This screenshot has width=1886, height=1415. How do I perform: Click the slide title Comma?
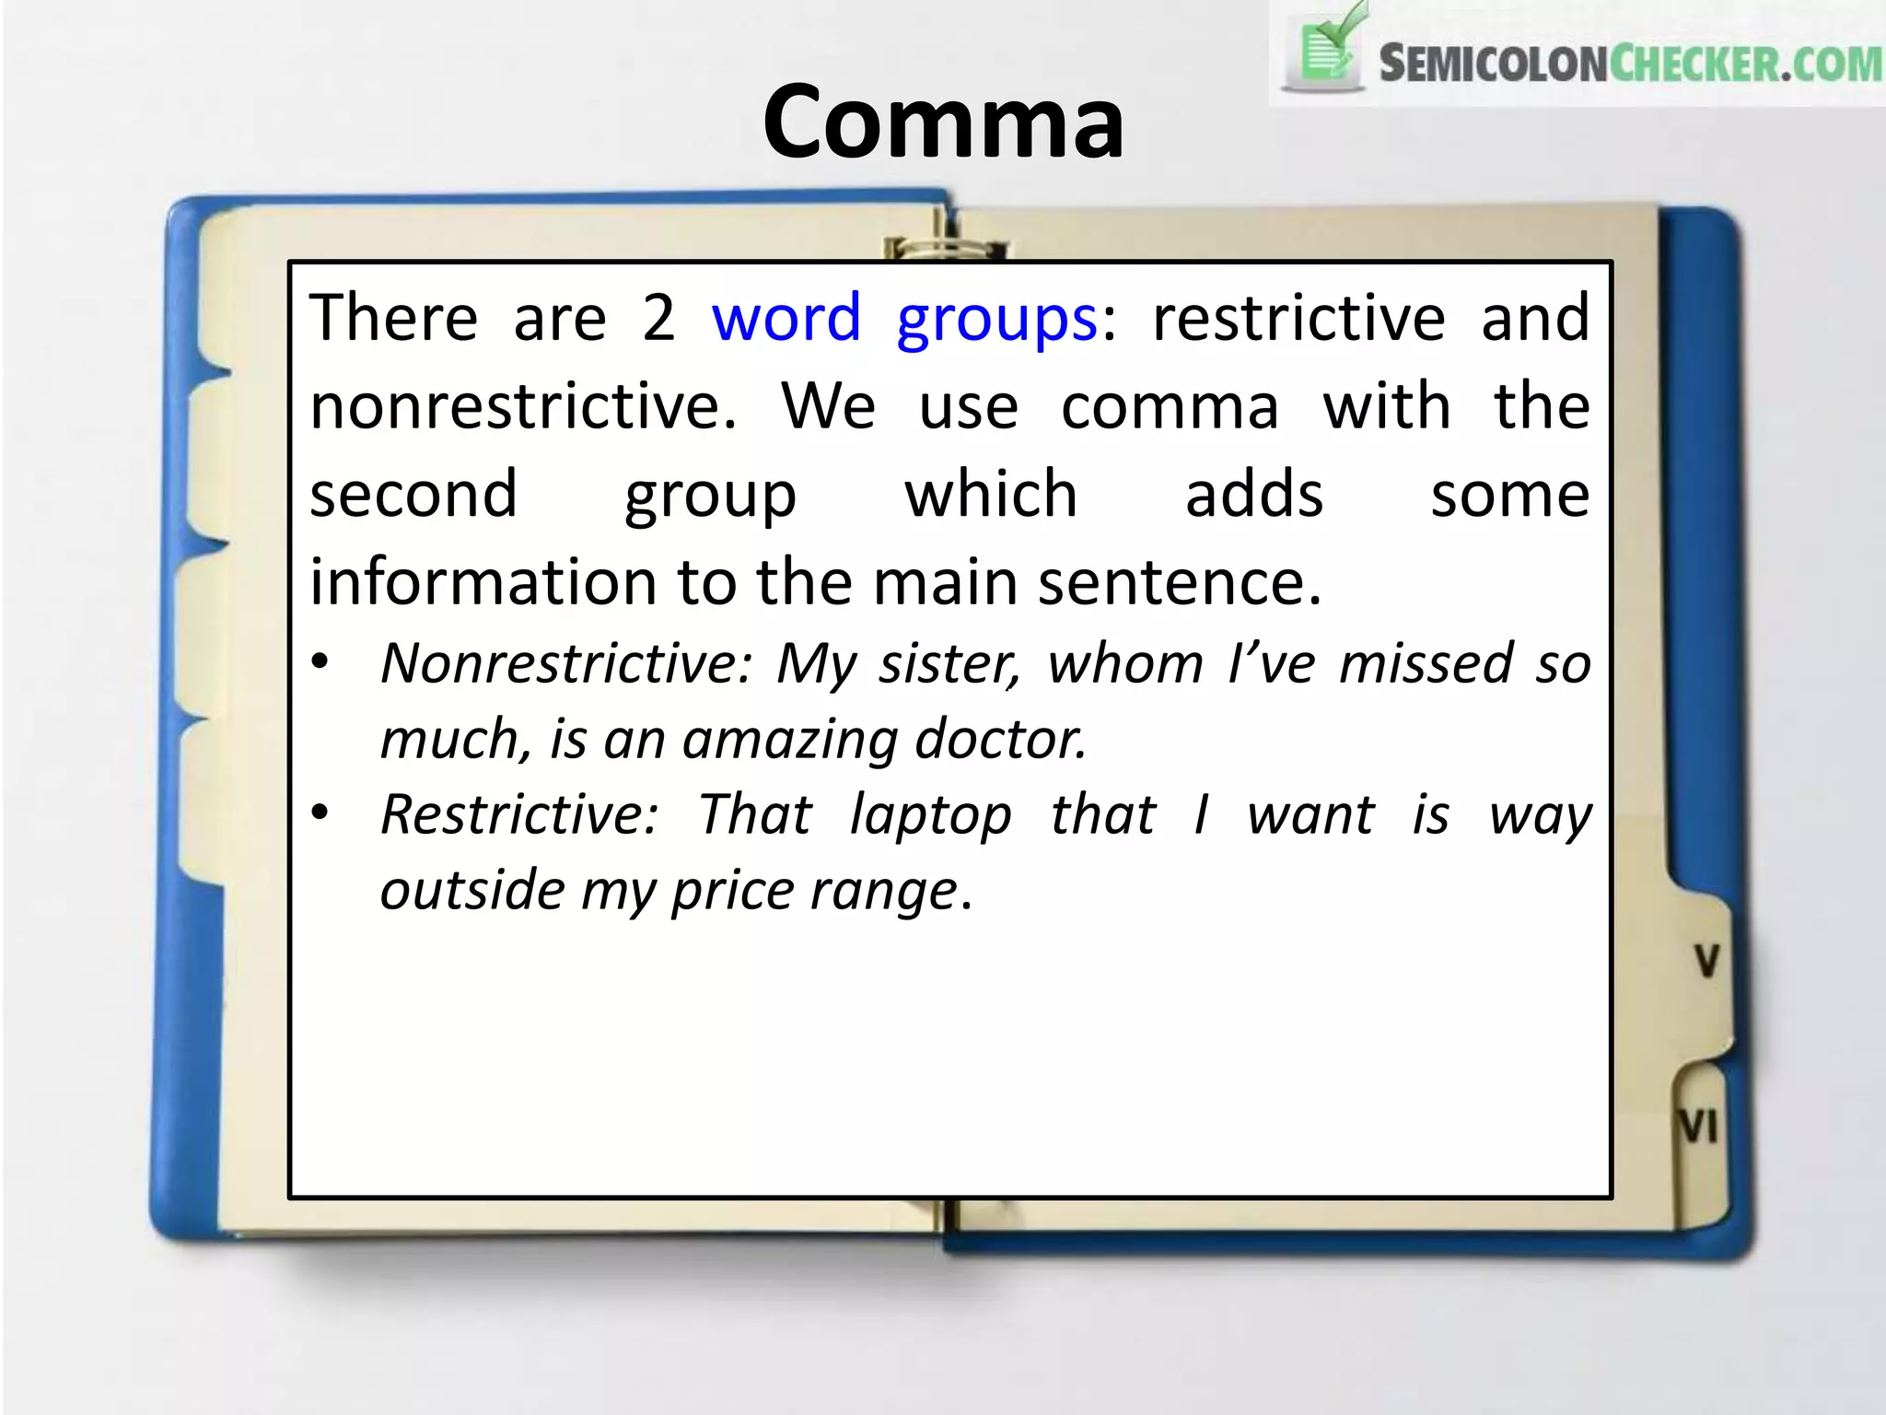click(x=943, y=123)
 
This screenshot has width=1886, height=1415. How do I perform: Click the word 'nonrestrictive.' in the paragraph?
click(x=523, y=406)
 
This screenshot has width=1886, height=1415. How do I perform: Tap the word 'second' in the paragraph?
click(x=413, y=494)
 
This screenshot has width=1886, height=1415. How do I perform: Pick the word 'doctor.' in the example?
click(x=1001, y=739)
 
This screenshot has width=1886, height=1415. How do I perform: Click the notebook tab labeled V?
click(x=1706, y=961)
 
